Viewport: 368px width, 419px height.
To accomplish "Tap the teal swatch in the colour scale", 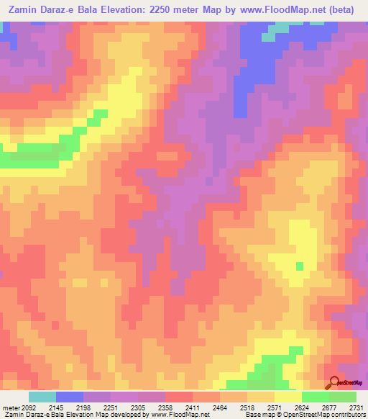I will (x=42, y=397).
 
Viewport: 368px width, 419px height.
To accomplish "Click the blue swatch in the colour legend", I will (x=69, y=397).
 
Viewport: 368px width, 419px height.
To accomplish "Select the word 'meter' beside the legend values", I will (x=10, y=407).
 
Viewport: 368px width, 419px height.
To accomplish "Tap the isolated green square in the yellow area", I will (x=299, y=266).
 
